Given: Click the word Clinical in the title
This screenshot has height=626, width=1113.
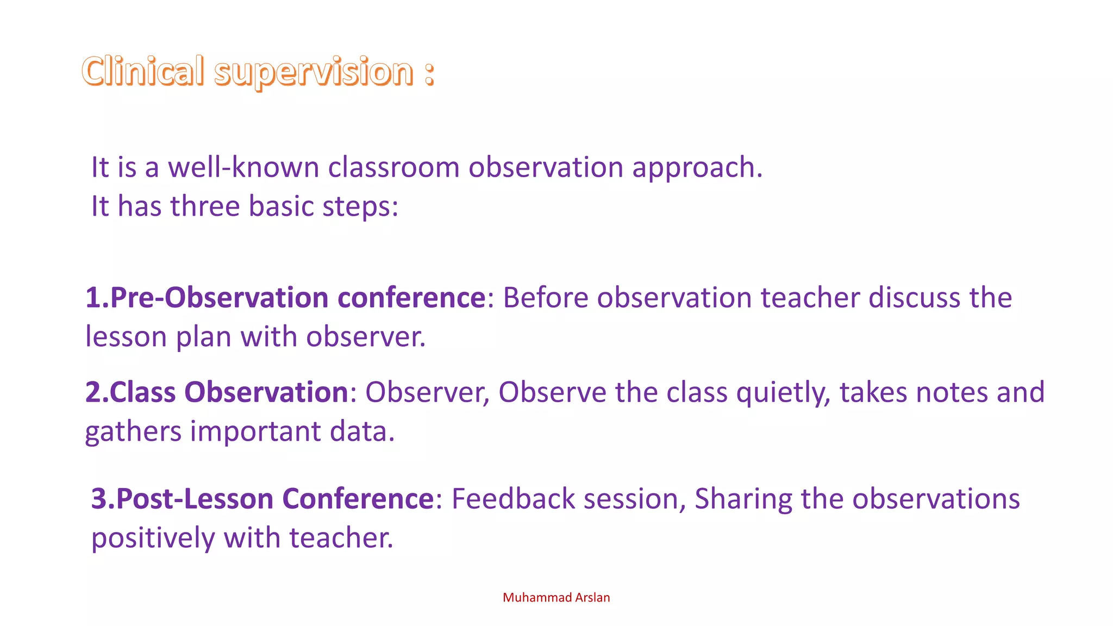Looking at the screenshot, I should coord(143,71).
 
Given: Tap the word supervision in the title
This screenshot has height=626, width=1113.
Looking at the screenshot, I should coord(314,72).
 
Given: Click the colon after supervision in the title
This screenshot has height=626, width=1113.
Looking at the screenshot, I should coord(429,73).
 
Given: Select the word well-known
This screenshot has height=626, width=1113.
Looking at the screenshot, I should coord(243,167).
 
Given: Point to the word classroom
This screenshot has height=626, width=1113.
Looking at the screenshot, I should coord(393,167).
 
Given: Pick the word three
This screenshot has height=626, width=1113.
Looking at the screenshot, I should coord(205,206).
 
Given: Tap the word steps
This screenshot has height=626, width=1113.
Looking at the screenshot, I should coord(359,207).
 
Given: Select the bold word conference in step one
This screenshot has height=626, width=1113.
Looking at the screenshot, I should coord(411,297).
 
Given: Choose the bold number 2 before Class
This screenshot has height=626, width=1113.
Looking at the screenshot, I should coord(93,392).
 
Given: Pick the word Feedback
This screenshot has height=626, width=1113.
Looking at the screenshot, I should coord(513,498).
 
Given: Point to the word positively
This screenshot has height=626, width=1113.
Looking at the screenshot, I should coord(153,538).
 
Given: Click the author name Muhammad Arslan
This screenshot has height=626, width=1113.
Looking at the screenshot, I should coord(556,597).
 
